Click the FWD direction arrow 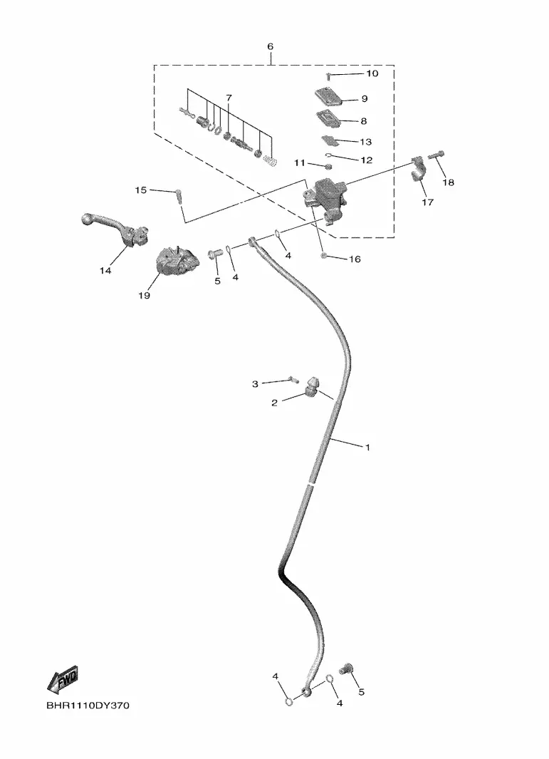[x=63, y=680]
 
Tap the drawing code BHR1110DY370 [x=88, y=706]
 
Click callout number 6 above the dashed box [x=271, y=46]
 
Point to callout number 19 [x=144, y=295]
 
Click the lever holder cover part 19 [x=177, y=262]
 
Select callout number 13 [x=366, y=142]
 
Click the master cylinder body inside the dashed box [x=323, y=198]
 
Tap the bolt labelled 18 [x=436, y=155]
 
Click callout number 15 [x=140, y=190]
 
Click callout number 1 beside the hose [x=367, y=448]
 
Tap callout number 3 [x=255, y=384]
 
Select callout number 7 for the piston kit [x=229, y=98]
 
